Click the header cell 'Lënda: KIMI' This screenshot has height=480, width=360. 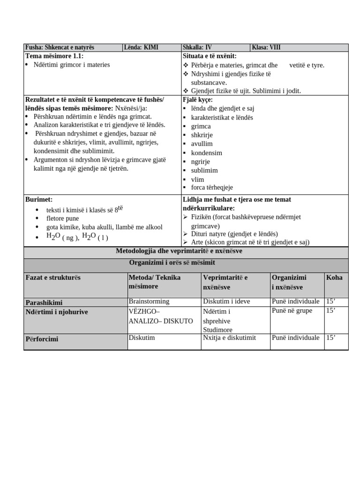click(141, 47)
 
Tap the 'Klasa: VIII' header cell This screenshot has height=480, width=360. click(266, 47)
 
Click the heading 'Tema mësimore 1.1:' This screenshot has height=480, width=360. click(54, 56)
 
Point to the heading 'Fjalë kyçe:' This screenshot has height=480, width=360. click(197, 100)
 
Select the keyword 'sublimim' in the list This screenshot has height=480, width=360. click(204, 171)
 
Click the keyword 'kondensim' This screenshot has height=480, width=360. click(206, 153)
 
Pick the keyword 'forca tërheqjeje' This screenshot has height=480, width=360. click(212, 187)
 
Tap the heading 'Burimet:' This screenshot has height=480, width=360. click(39, 199)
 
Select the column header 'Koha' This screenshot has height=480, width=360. click(334, 277)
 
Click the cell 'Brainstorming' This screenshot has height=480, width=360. click(149, 301)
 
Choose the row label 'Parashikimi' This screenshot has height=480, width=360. click(44, 303)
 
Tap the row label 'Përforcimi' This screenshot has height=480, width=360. click(42, 339)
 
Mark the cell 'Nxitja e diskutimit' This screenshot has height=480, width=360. click(229, 337)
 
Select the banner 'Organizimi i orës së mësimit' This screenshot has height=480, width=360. click(186, 263)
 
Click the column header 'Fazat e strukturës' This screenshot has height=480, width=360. click(53, 277)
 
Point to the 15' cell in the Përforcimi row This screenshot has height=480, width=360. click(331, 337)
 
